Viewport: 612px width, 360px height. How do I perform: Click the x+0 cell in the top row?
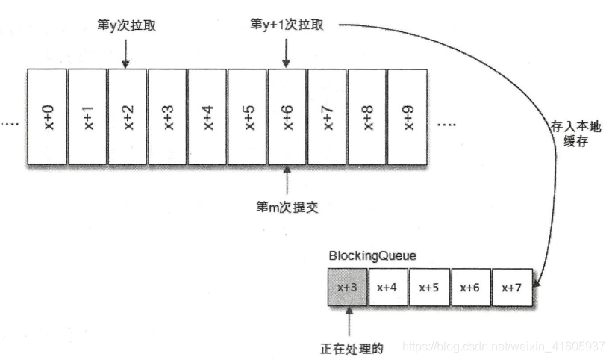pos(47,116)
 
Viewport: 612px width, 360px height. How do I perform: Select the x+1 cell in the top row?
pos(87,116)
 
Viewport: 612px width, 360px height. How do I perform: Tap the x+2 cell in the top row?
pos(128,116)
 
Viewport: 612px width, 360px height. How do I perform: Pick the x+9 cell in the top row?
pos(408,116)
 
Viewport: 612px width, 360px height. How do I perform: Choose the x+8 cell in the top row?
pos(367,116)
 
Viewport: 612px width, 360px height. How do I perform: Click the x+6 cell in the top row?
pos(287,116)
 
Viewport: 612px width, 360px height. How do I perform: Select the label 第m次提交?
pos(287,207)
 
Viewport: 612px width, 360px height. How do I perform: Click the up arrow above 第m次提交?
pos(287,179)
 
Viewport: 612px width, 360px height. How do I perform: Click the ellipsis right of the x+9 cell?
pos(446,124)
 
